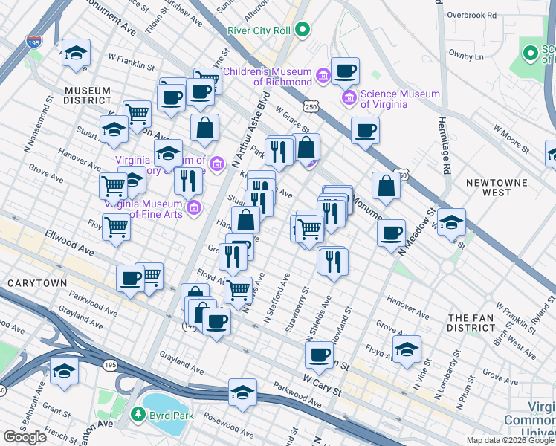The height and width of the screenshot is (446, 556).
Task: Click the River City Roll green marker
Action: coord(302,30)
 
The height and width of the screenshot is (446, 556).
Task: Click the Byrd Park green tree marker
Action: coord(137,413)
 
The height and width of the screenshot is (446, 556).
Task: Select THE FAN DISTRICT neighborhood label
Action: coord(471,323)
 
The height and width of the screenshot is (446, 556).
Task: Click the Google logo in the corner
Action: coord(25,437)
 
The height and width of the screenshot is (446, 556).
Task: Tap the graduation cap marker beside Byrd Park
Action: coord(242,393)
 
